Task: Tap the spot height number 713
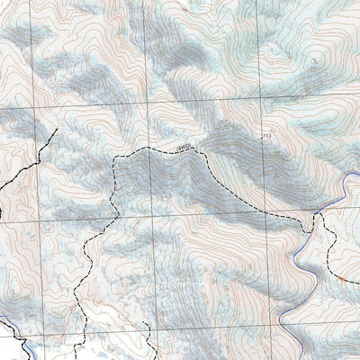(x=265, y=135)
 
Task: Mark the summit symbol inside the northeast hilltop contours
(x=314, y=60)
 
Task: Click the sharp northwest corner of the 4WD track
(x=116, y=157)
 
